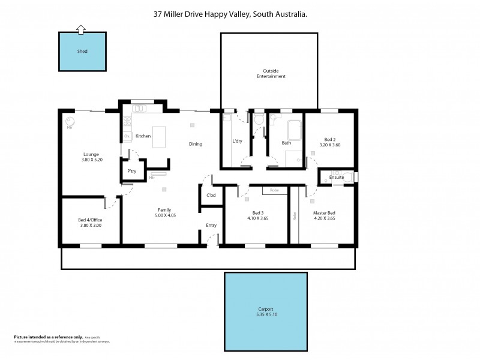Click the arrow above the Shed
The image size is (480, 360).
(x=82, y=28)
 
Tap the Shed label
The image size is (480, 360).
(x=82, y=52)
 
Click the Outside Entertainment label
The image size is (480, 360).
(x=271, y=74)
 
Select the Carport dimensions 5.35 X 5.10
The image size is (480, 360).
(x=265, y=314)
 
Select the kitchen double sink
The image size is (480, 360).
(x=139, y=109)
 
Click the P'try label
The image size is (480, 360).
(x=131, y=172)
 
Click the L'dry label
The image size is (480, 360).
(x=238, y=142)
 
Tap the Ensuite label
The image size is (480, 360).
(x=337, y=178)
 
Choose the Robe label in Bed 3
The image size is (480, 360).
(x=274, y=190)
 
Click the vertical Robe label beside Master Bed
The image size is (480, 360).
(x=294, y=216)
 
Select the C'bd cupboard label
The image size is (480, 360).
(x=211, y=196)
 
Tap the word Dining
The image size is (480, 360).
(x=196, y=144)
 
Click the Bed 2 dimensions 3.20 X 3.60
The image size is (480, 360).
(x=329, y=145)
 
